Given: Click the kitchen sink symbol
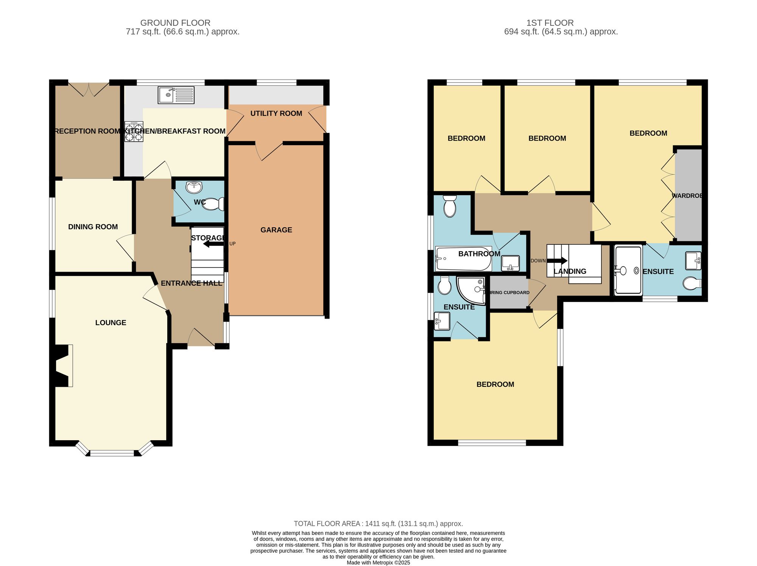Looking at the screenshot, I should coord(176,95).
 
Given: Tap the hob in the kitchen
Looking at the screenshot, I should coord(134,131).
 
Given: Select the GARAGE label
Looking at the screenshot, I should coord(276,230).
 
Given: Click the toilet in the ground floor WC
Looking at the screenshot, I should coord(212,204).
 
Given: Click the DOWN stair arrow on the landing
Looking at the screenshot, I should coord(557,261).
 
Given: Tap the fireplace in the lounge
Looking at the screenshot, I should coord(64,366).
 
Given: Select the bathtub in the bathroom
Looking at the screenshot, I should coord(463,259).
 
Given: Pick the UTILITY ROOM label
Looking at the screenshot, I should coord(276,113).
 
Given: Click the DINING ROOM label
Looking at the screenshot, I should coord(93,227).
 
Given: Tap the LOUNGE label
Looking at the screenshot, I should coord(111,323).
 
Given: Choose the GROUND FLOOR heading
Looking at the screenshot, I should coord(175,23).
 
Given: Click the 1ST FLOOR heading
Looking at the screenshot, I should coord(550,23).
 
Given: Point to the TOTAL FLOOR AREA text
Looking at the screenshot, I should coord(378,524).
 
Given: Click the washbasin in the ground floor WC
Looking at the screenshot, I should coord(194,187).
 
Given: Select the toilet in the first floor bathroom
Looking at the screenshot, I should coord(450,206).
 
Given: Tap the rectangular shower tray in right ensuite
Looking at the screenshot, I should coord(628,270).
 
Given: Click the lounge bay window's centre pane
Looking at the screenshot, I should coord(112,453).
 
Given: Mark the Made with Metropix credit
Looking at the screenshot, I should coord(378,563).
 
